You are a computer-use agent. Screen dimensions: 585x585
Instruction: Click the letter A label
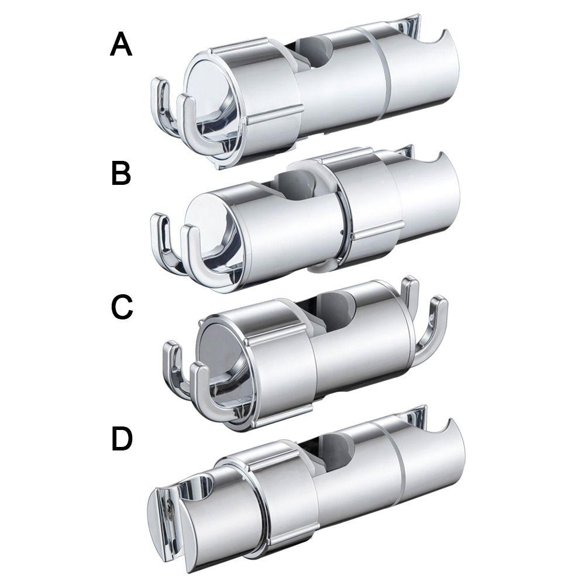pyautogui.click(x=121, y=45)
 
